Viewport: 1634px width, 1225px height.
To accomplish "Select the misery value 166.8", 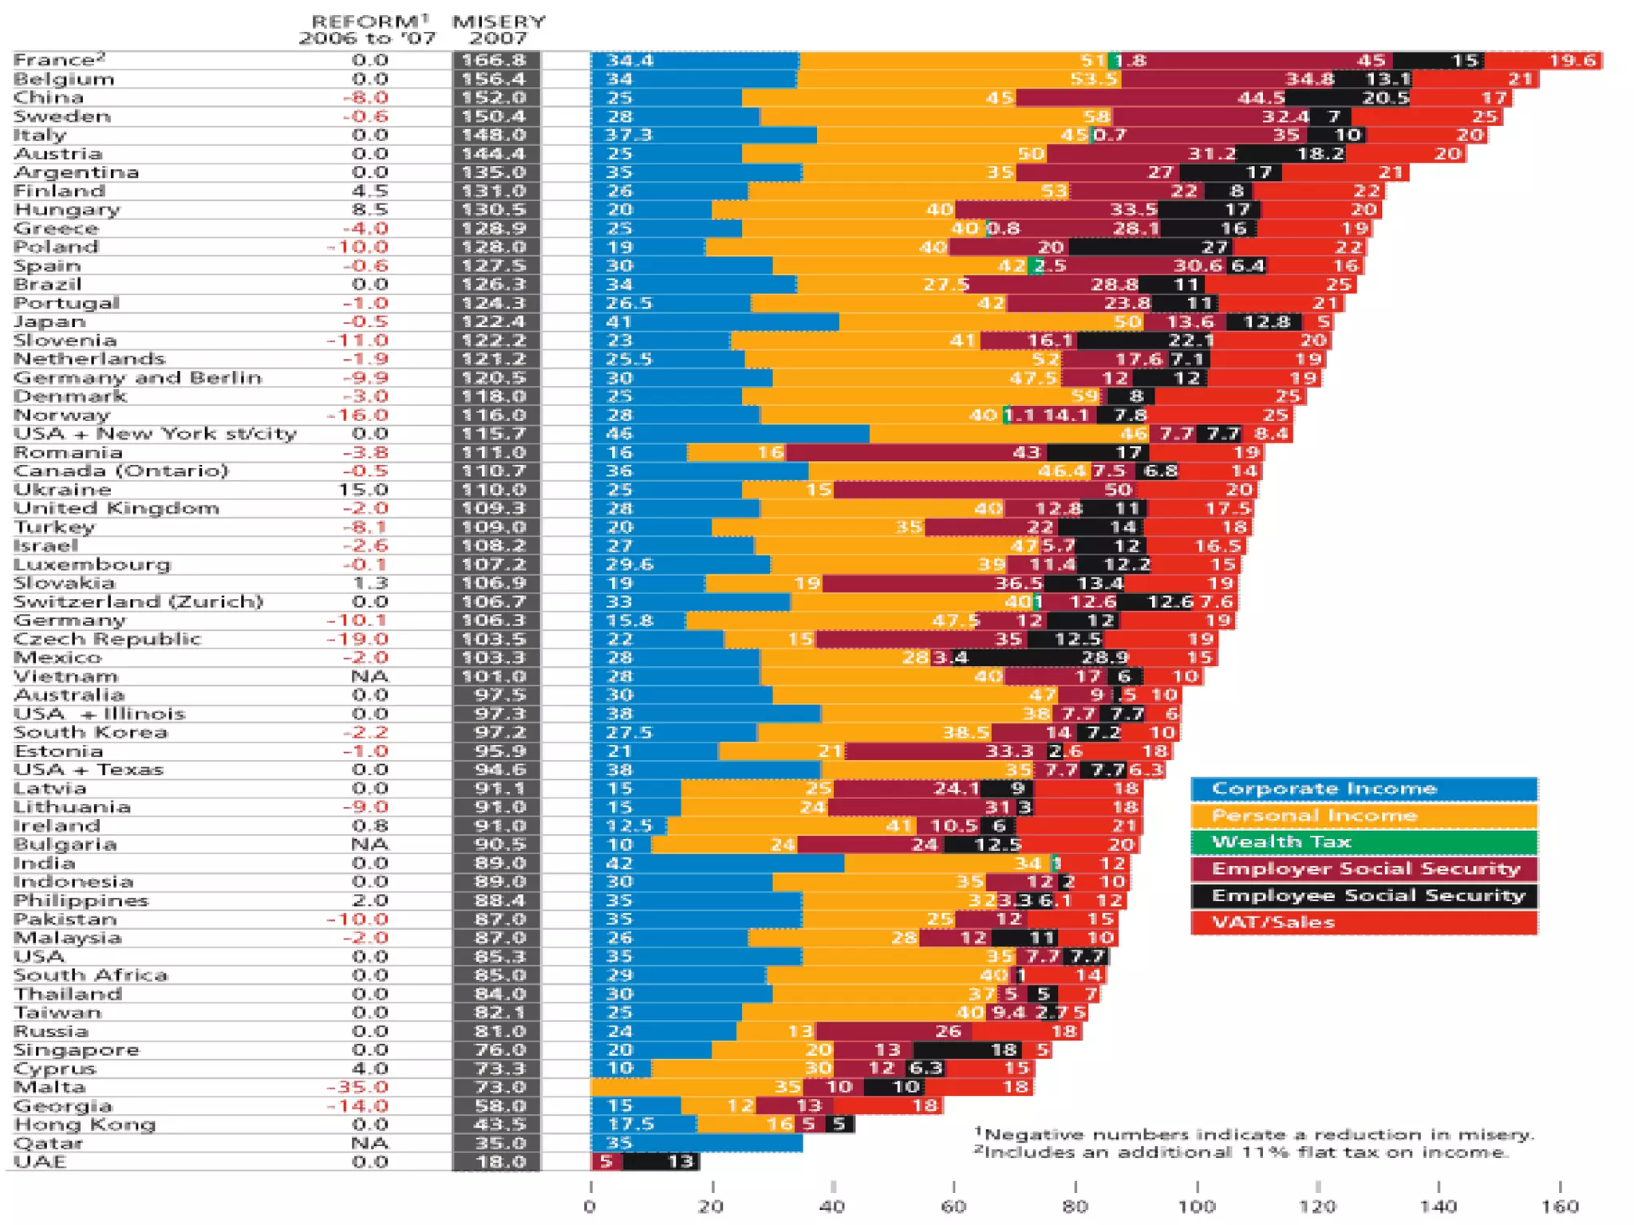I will tap(495, 61).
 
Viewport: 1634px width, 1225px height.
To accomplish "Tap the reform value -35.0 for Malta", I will tap(357, 1087).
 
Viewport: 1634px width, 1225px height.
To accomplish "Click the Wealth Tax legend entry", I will tap(1363, 842).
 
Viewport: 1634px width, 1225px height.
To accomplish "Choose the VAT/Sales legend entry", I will tap(1363, 923).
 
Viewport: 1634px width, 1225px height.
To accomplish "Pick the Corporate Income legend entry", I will tap(1363, 789).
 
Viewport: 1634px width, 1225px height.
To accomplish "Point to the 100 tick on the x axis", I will tap(1197, 1206).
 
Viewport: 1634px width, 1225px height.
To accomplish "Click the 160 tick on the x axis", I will tap(1560, 1206).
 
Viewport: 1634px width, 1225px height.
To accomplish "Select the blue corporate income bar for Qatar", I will tap(696, 1143).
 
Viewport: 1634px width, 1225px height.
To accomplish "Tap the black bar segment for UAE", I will tap(660, 1161).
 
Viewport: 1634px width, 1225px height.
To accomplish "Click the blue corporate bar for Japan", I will tap(714, 321).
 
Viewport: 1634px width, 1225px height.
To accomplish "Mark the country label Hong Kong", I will tap(85, 1125).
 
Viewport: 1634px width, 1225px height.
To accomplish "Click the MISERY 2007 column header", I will tap(499, 30).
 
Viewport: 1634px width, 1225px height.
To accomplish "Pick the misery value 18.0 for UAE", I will tap(495, 1161).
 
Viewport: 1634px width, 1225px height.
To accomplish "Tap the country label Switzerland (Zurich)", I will tap(138, 601).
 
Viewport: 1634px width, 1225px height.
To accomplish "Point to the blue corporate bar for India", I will tap(716, 863).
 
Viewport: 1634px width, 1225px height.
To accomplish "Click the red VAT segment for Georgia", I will tap(887, 1105).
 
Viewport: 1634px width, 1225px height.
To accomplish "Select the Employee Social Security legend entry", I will tap(1363, 896).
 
